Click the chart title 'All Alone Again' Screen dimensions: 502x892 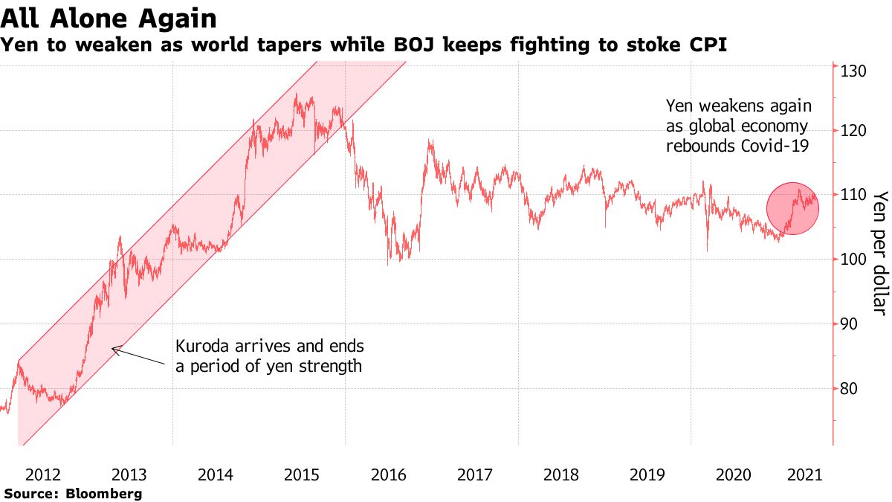pos(109,19)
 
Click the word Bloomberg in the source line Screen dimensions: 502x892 pos(104,494)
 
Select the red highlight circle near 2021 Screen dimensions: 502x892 pos(792,209)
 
